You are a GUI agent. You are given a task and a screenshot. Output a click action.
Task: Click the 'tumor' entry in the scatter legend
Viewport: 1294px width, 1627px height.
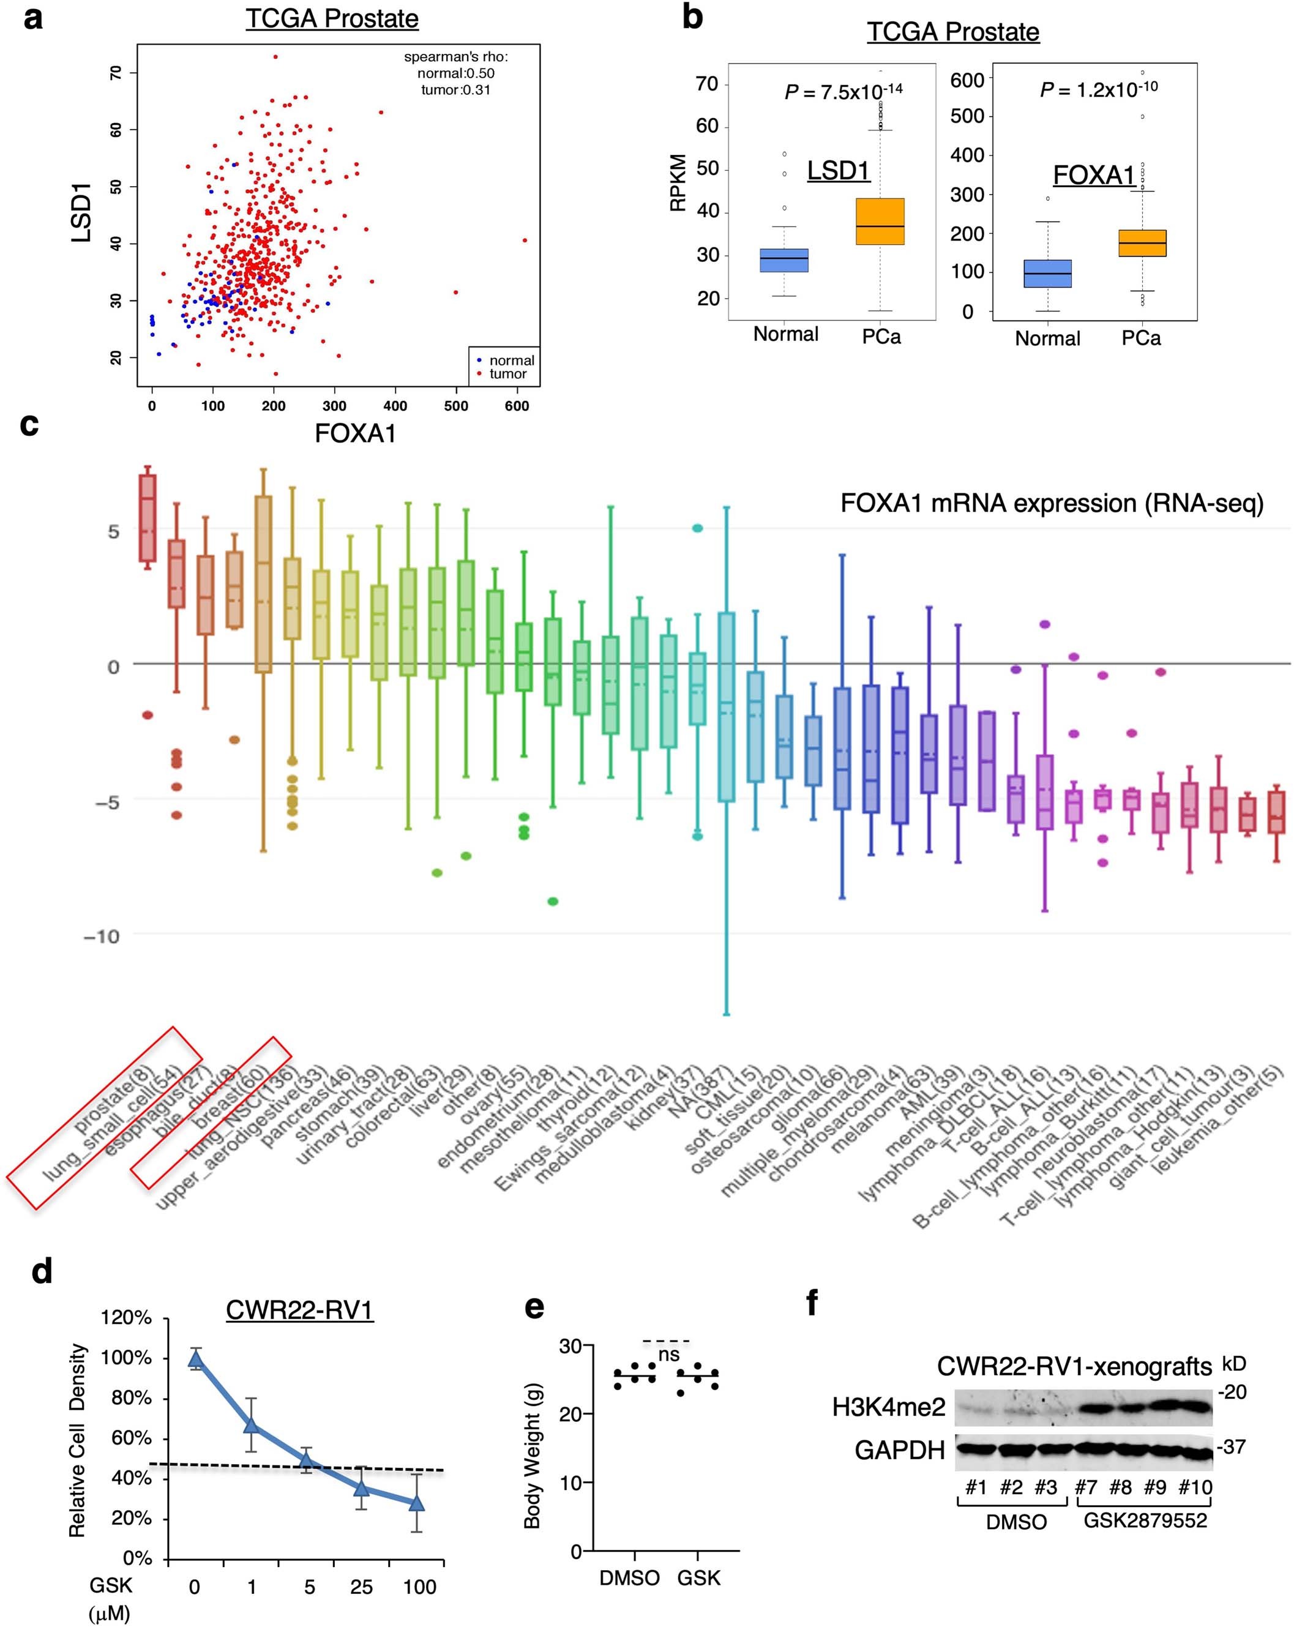pyautogui.click(x=507, y=373)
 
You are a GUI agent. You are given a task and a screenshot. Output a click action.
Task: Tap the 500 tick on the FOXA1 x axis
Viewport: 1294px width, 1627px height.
pyautogui.click(x=456, y=406)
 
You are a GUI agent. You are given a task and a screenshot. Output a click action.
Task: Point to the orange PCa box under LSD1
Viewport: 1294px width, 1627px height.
pyautogui.click(x=880, y=222)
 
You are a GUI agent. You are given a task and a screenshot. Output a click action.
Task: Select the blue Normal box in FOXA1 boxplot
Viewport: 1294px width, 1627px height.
pyautogui.click(x=1047, y=273)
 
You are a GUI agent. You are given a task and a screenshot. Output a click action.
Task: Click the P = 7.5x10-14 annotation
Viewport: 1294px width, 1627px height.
pyautogui.click(x=843, y=91)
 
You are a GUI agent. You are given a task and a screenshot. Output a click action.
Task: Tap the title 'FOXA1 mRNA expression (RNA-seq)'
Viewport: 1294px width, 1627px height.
pyautogui.click(x=1051, y=503)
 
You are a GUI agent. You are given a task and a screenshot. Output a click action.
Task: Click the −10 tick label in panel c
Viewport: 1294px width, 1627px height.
pyautogui.click(x=101, y=937)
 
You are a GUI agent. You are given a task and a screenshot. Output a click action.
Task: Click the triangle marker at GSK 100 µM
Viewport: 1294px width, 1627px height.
pyautogui.click(x=416, y=1503)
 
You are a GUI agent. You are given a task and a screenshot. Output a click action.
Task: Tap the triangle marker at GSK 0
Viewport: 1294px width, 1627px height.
pyautogui.click(x=195, y=1359)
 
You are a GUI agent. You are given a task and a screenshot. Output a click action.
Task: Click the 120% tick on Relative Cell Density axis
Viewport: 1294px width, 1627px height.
pyautogui.click(x=126, y=1318)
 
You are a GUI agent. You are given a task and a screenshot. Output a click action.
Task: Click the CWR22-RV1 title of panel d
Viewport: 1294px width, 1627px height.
pyautogui.click(x=299, y=1309)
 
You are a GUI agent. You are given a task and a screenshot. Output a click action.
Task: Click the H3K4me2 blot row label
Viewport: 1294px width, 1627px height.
pyautogui.click(x=888, y=1407)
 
